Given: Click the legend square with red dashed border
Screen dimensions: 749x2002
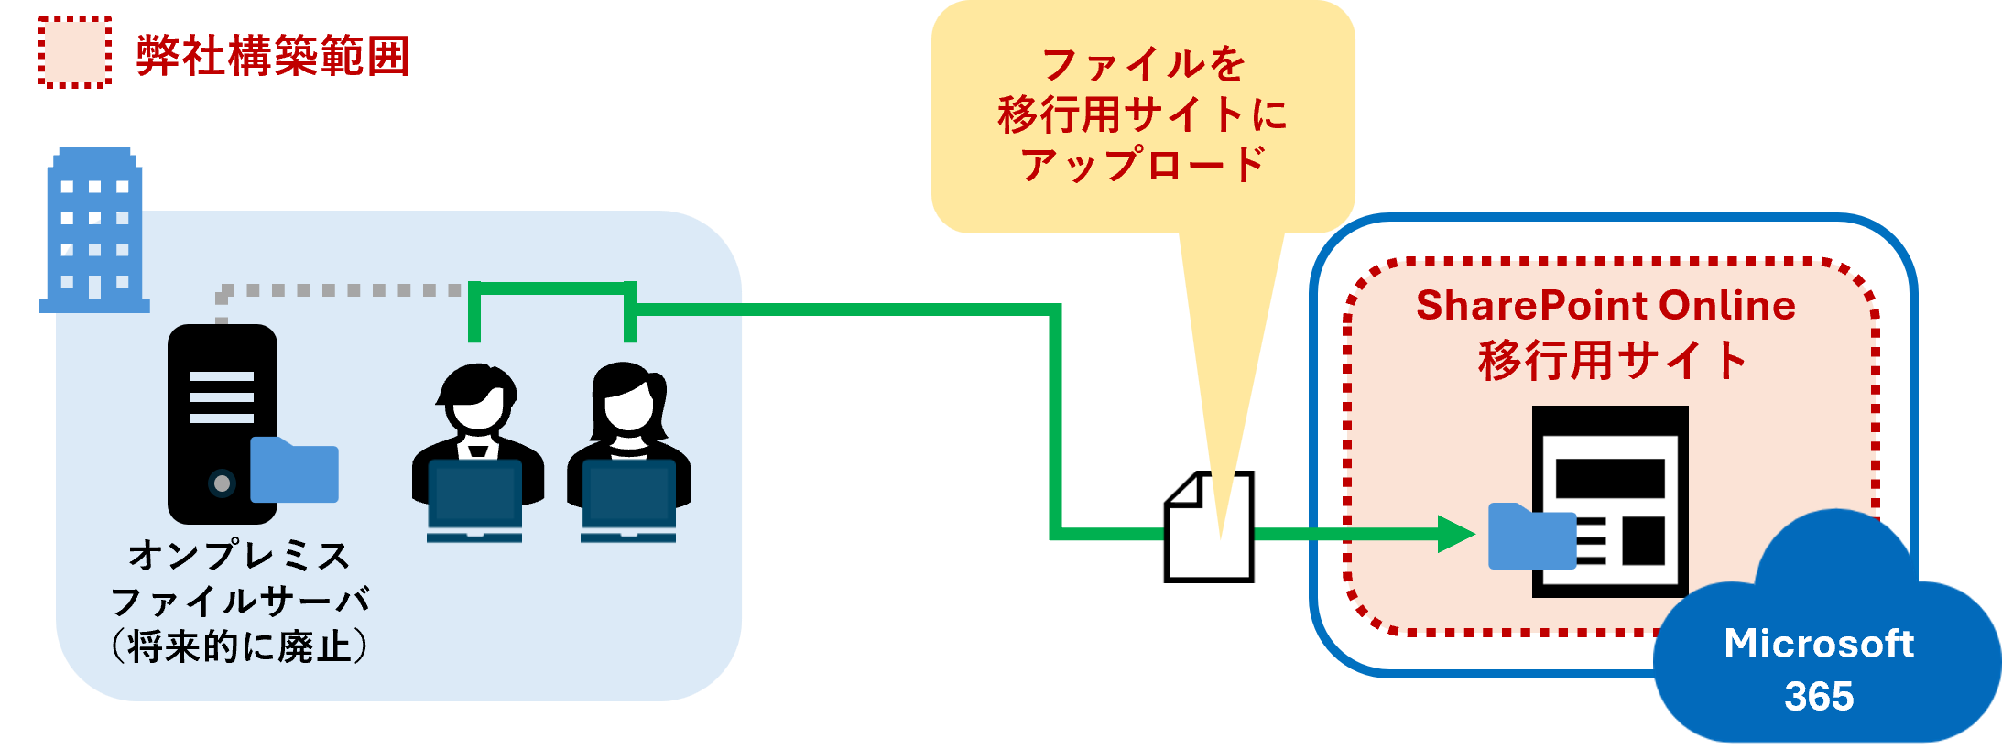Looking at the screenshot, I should click(75, 52).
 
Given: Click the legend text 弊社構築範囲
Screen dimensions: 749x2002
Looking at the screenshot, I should click(272, 56).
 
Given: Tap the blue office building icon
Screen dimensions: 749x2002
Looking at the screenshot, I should click(94, 230).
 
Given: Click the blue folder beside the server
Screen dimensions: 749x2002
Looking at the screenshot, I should click(294, 471).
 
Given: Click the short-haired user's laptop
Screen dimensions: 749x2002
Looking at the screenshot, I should click(474, 499).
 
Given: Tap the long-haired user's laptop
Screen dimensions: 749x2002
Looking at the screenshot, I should click(628, 499).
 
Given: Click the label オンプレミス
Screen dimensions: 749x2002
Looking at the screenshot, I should click(239, 556).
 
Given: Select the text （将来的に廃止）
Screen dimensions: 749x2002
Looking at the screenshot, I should click(239, 646).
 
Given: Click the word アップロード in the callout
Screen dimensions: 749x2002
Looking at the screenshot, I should click(1143, 166).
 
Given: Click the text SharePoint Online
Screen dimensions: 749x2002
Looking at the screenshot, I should click(1605, 306).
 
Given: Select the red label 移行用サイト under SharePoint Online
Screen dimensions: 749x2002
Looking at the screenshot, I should click(1612, 360).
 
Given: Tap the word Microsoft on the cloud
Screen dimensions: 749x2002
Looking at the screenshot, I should click(1819, 644).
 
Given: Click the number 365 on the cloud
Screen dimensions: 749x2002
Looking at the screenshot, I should click(1819, 697).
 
